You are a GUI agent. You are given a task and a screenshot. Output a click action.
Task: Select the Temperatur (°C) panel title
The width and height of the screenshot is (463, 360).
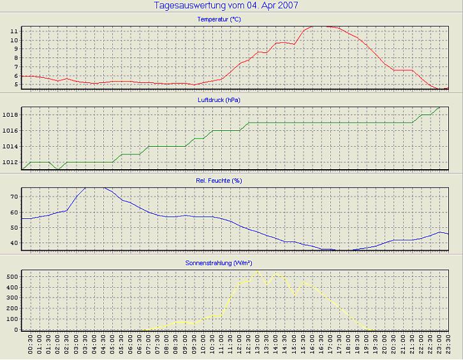[x=219, y=19]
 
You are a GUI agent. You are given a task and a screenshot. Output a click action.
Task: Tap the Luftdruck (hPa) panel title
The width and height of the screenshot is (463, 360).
[x=219, y=100]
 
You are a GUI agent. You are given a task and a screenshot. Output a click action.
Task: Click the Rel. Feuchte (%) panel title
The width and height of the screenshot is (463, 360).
[x=219, y=181]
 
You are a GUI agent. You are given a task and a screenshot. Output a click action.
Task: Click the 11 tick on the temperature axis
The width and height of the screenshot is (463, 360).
[x=15, y=31]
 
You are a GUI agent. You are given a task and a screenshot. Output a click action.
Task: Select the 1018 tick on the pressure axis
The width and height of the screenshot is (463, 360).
[x=11, y=115]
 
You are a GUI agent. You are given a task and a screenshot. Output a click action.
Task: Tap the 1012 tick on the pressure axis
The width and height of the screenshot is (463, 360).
[x=11, y=162]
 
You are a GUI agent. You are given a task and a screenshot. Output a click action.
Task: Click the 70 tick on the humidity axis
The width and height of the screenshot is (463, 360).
[x=15, y=197]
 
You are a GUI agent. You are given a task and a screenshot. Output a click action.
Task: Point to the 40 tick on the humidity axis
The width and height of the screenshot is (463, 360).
[x=15, y=243]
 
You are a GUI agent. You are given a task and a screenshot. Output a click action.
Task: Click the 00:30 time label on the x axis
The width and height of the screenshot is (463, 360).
[x=31, y=348]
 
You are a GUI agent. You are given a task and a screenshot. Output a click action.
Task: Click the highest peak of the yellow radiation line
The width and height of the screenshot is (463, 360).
[x=258, y=271]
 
